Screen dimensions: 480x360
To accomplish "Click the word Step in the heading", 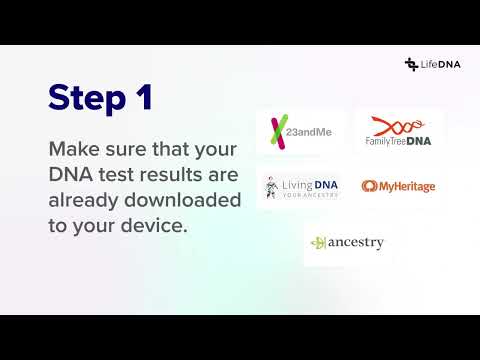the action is click(87, 97).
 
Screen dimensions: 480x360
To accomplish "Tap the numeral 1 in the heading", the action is click(145, 96).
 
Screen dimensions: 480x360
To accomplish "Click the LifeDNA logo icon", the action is click(411, 64).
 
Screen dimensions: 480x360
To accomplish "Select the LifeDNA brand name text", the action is click(441, 64).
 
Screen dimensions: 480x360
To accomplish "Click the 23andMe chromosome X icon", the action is click(279, 132).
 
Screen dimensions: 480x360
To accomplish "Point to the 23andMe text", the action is click(309, 132).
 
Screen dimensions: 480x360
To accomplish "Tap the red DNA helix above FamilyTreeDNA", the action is click(398, 126).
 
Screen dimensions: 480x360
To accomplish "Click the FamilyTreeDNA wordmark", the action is click(398, 141).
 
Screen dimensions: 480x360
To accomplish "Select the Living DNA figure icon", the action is click(272, 188).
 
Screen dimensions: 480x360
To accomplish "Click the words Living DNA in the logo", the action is click(310, 185).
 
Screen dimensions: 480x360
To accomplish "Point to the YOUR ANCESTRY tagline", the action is click(310, 195).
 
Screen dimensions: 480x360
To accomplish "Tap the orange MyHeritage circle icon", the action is click(369, 186).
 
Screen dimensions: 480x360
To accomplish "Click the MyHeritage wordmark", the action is click(407, 187).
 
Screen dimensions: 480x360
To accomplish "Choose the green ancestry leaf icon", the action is click(318, 243).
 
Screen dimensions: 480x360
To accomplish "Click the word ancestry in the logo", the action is click(356, 243).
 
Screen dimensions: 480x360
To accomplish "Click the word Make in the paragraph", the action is click(74, 149).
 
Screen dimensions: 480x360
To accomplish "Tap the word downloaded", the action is click(182, 200).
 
